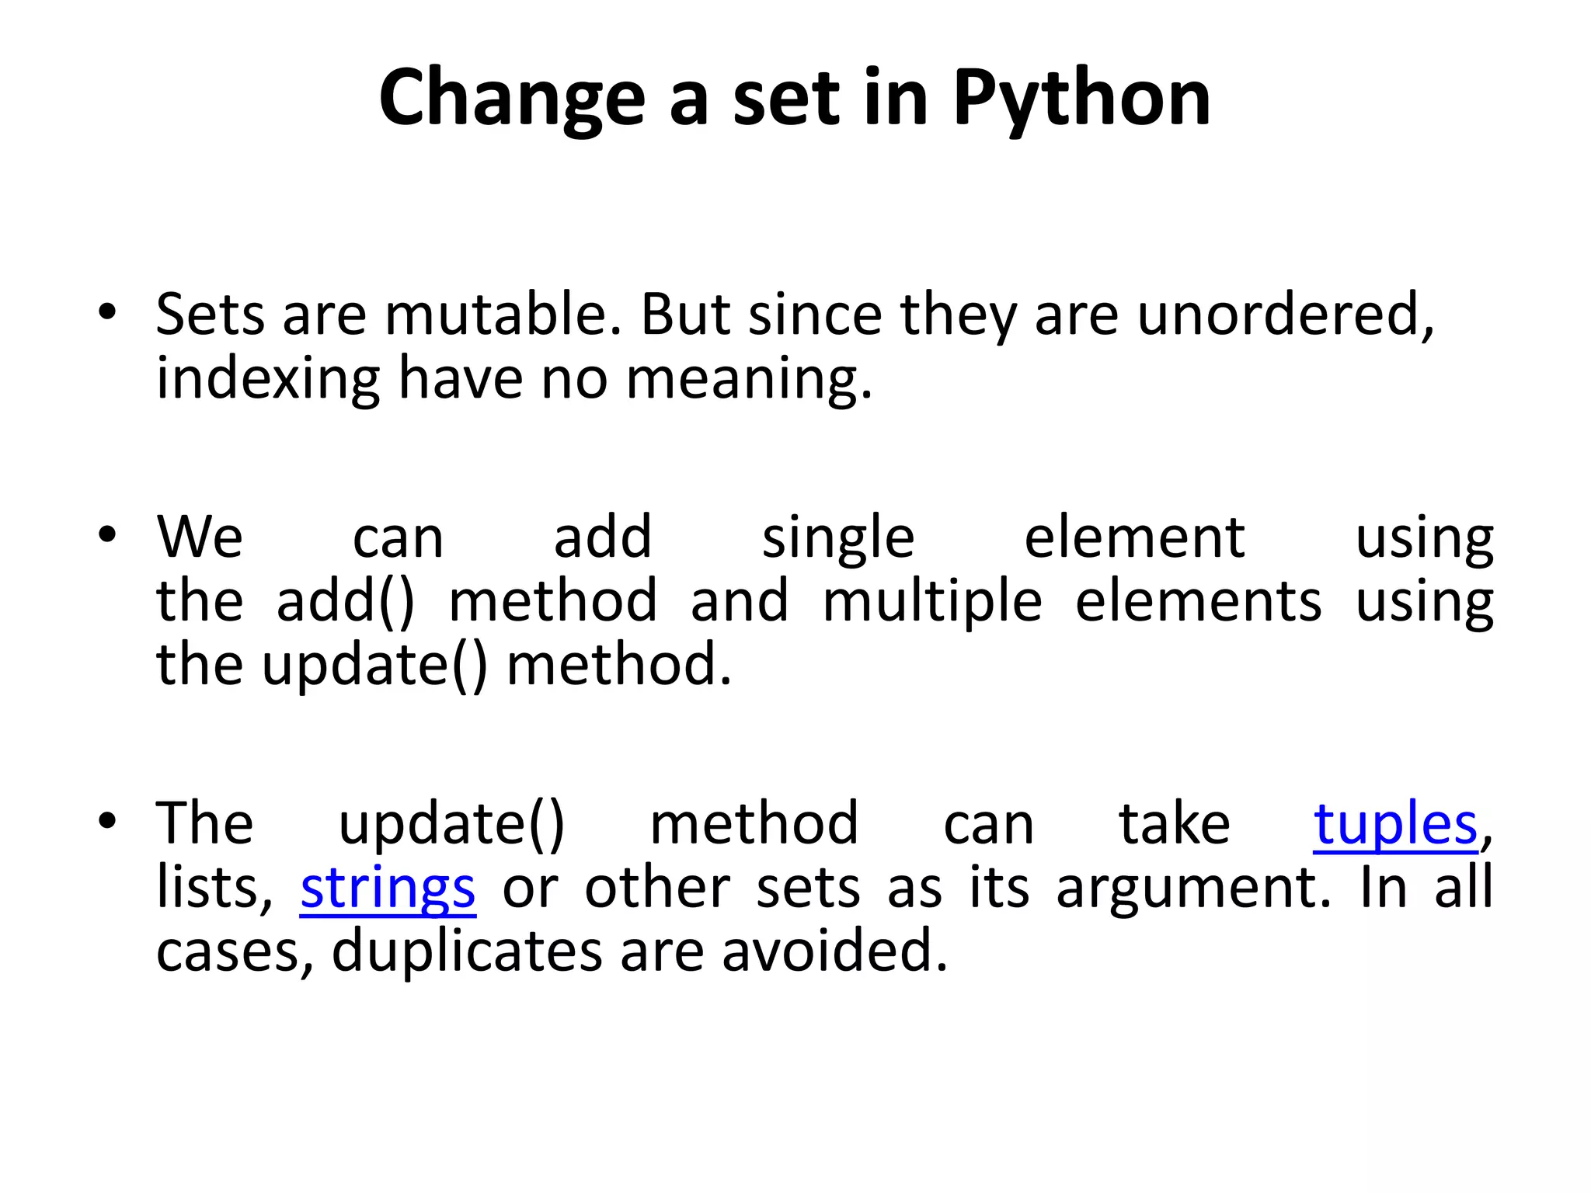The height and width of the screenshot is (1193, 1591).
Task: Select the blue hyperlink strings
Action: [x=388, y=888]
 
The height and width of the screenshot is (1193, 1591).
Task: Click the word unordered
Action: [x=1285, y=315]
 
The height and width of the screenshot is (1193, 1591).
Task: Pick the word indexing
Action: [x=268, y=379]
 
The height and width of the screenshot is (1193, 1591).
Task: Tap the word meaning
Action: [x=749, y=379]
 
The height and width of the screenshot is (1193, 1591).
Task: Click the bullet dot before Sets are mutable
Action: [x=107, y=311]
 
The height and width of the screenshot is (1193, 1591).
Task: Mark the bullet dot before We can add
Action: [x=107, y=534]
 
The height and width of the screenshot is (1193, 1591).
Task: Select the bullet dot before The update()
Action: [x=107, y=819]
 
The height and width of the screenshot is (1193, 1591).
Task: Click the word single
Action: [x=838, y=537]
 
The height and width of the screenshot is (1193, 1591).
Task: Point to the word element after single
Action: [x=1135, y=537]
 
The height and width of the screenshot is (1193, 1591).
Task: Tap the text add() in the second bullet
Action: [x=346, y=601]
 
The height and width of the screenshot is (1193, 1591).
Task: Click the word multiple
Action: [x=932, y=601]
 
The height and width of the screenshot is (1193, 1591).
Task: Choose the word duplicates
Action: [x=467, y=951]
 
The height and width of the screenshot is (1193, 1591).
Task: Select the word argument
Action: [x=1193, y=888]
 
